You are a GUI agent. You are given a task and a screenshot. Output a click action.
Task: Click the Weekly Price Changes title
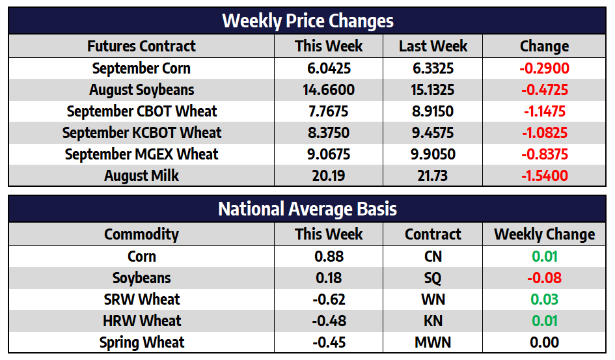click(x=307, y=21)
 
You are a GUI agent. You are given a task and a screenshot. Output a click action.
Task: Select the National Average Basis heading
click(x=307, y=209)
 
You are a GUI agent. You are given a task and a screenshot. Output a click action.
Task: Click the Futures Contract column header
click(x=141, y=46)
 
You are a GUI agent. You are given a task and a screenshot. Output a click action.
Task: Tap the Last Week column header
click(x=433, y=46)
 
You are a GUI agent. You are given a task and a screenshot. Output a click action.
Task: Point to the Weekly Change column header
click(x=545, y=234)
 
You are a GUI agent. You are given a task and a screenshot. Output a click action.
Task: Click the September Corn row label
click(x=141, y=68)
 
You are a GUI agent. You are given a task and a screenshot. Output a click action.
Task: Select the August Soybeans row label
click(x=141, y=90)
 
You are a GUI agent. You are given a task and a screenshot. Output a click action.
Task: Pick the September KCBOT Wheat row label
click(x=142, y=133)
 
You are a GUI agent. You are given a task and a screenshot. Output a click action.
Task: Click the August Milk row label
click(x=141, y=176)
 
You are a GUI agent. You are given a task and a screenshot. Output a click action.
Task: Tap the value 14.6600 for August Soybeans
click(x=329, y=90)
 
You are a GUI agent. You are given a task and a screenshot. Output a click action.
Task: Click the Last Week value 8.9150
click(x=433, y=111)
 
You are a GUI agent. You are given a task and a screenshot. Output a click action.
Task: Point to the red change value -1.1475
click(x=545, y=111)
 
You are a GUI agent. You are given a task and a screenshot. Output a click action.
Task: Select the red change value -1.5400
click(x=545, y=176)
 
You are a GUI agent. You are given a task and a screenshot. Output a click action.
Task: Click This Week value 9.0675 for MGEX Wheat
click(x=329, y=154)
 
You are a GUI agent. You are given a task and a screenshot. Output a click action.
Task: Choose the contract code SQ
click(x=433, y=278)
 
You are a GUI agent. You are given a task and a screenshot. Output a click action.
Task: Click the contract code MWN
click(x=433, y=342)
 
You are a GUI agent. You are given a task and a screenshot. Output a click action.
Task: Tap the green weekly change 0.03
click(x=545, y=299)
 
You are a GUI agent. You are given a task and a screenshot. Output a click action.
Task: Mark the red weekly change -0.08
click(x=545, y=278)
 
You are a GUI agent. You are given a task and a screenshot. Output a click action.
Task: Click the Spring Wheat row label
click(x=142, y=342)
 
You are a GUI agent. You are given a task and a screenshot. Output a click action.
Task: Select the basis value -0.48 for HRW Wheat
click(x=329, y=321)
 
